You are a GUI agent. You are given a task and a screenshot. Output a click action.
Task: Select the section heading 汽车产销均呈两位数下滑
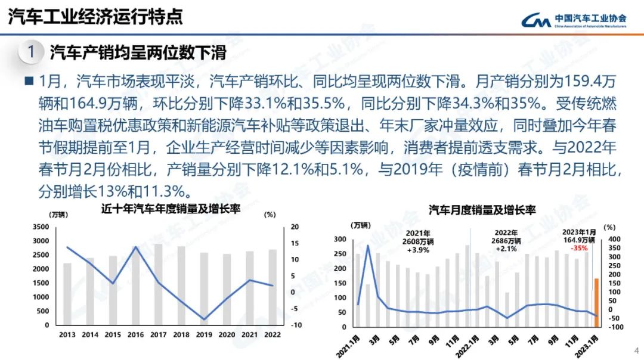pos(138,52)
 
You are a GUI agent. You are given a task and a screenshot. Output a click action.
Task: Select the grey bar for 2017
pos(158,284)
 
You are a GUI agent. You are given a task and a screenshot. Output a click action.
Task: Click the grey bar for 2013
pos(67,294)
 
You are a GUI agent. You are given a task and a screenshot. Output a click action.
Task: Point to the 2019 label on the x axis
pos(204,335)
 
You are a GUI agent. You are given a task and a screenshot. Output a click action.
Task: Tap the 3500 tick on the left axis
pos(40,227)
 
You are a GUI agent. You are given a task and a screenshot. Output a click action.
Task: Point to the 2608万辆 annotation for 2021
pos(419,241)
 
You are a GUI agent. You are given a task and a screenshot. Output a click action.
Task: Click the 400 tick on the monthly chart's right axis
pos(614,239)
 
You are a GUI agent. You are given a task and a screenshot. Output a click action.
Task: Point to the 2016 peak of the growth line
pos(135,247)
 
